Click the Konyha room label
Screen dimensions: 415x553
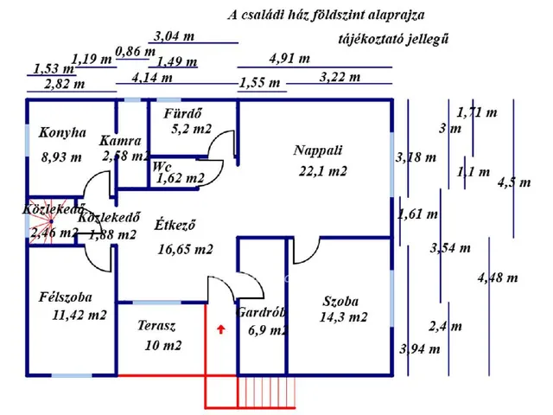point(63,133)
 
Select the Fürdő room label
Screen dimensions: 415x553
point(183,112)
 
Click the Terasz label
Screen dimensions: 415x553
point(157,326)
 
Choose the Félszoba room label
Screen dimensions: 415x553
point(66,297)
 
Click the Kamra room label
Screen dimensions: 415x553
point(120,140)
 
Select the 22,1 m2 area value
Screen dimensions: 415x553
point(322,171)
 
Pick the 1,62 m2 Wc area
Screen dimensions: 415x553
point(181,179)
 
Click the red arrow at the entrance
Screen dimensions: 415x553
point(221,329)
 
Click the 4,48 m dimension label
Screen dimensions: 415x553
point(497,278)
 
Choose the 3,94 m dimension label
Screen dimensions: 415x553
point(419,349)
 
